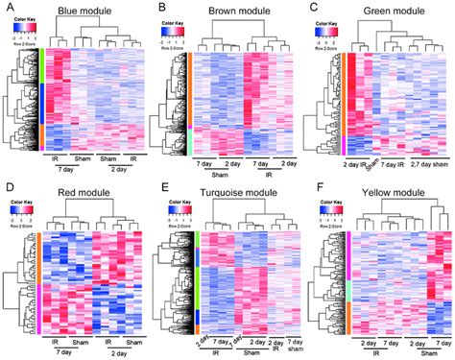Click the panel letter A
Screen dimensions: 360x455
(7, 8)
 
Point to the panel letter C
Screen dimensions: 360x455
(313, 8)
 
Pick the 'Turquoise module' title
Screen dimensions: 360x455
(240, 193)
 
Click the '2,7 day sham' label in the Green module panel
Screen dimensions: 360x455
(420, 165)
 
